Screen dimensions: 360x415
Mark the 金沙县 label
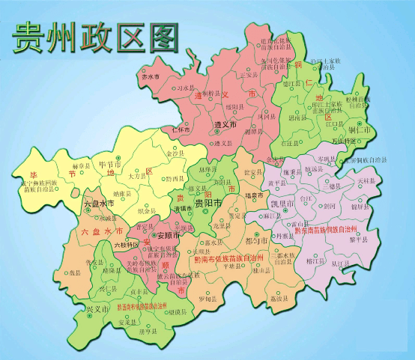(178, 153)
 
